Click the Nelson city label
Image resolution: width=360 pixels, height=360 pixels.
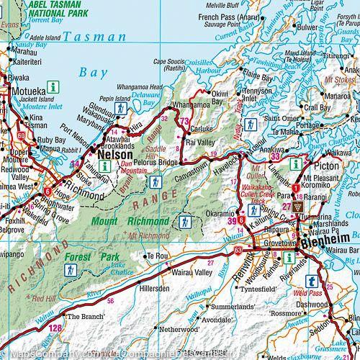point(114,155)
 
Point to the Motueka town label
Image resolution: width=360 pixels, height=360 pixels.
point(23,91)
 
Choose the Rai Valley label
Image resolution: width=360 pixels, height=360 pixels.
point(200,143)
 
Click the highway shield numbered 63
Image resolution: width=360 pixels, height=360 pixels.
point(238,250)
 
